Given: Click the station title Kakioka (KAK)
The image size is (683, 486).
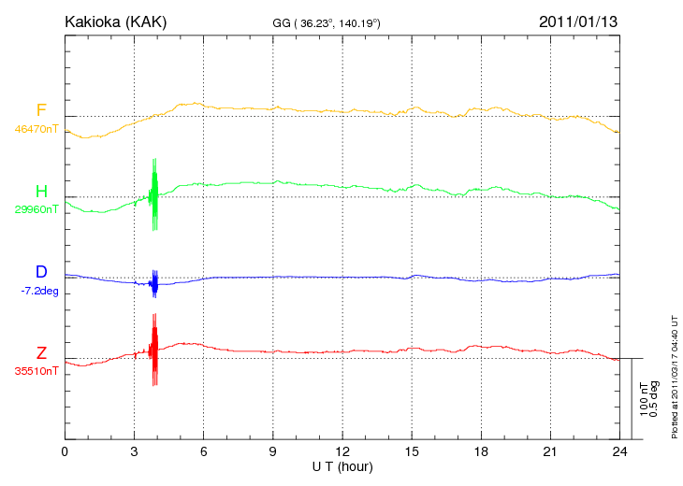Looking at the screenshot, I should tap(115, 21).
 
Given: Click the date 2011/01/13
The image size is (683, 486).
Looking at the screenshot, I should tap(578, 21).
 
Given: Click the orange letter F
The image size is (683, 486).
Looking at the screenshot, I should tap(41, 110).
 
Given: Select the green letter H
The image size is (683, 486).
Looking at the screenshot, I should tap(41, 192).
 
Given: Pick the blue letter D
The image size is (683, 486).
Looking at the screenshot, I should tap(41, 272).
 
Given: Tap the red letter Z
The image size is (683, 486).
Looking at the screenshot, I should tap(41, 352).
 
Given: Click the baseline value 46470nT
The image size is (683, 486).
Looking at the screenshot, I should tap(36, 128).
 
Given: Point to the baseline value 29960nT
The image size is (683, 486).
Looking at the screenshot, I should tap(36, 209).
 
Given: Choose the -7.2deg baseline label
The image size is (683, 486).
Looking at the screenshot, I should tap(38, 291).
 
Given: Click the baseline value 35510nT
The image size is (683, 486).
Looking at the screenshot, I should tap(36, 371).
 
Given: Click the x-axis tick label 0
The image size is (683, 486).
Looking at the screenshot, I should tap(65, 451).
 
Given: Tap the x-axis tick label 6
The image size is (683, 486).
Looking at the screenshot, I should tap(204, 451).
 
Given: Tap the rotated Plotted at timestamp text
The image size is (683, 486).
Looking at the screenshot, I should tap(674, 374).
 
